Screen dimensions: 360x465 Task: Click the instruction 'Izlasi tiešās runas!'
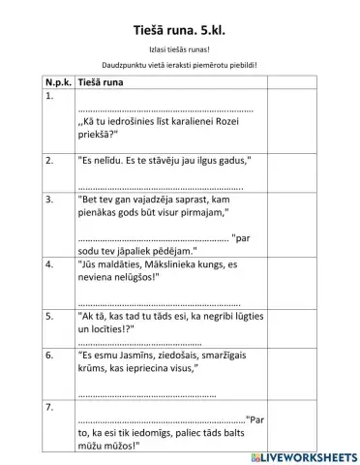tap(180, 46)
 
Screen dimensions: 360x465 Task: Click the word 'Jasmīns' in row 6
tap(137, 356)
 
